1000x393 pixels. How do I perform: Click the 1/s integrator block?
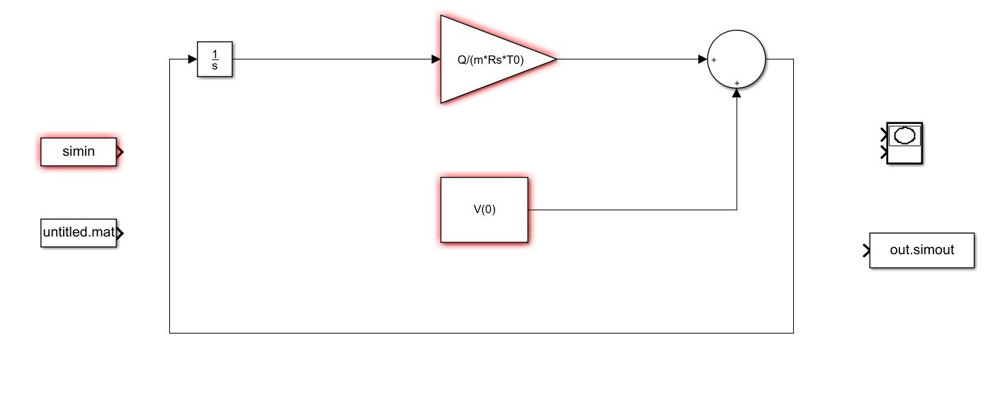(x=215, y=59)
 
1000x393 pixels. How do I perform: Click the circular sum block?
(x=737, y=59)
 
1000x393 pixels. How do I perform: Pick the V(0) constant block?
(x=484, y=210)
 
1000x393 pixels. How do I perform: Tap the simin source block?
(x=78, y=152)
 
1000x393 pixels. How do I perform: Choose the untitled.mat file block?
(x=78, y=232)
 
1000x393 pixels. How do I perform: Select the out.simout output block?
(x=921, y=250)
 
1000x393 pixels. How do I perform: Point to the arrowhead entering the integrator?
(x=192, y=59)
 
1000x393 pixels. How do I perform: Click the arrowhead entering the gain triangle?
(x=436, y=59)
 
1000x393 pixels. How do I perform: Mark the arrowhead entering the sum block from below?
(x=737, y=95)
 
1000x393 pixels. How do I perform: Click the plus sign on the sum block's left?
(x=714, y=60)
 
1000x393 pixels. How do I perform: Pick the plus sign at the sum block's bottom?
(x=737, y=83)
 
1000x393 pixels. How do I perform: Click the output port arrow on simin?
(x=120, y=152)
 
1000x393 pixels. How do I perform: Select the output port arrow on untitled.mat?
(x=120, y=232)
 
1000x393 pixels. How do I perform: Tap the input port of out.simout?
(x=866, y=250)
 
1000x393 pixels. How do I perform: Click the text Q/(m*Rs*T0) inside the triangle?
(x=490, y=60)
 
